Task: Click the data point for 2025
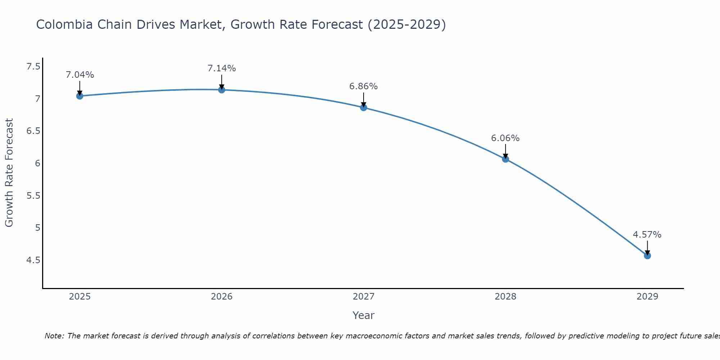point(80,96)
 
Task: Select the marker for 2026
point(222,90)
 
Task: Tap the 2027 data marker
point(364,107)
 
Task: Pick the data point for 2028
point(505,159)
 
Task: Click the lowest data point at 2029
point(647,256)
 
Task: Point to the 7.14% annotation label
point(222,68)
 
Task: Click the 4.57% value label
point(647,235)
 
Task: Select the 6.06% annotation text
point(505,138)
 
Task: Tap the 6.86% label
point(363,86)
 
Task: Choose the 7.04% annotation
point(80,75)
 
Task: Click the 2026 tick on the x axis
point(222,297)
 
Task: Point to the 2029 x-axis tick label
point(647,297)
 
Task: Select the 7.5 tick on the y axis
point(33,67)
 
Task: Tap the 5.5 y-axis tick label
point(33,195)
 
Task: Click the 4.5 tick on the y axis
point(33,260)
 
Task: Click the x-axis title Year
point(363,315)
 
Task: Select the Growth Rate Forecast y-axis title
point(9,172)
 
